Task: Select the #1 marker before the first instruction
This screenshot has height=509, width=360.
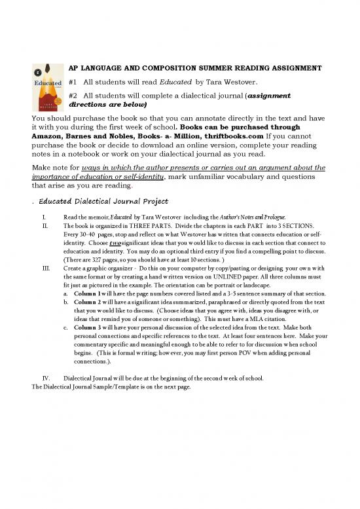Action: pyautogui.click(x=73, y=82)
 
